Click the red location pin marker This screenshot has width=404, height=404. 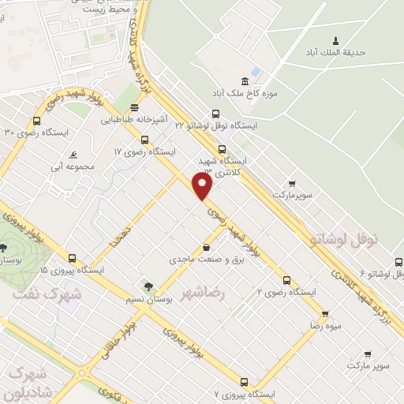pos(203,185)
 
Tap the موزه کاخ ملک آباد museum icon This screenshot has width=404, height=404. pos(245,80)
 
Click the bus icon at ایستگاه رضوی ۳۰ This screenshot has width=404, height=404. pos(36,121)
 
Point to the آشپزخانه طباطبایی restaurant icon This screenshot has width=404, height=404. pos(135,107)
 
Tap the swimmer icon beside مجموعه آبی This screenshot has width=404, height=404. pos(73,154)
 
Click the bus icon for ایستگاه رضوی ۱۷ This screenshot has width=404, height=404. pos(144,140)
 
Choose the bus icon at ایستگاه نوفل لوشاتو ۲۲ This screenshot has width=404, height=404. pos(220,114)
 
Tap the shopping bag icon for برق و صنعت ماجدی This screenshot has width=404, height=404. pos(207,247)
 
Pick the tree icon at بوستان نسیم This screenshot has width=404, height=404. pos(146,286)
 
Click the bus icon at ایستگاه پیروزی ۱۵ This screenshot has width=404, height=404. pos(73,258)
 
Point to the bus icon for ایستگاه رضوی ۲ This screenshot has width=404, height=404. pos(286,280)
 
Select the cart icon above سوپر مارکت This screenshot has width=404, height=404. pos(368,354)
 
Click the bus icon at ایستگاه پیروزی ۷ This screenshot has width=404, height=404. pos(244,381)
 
